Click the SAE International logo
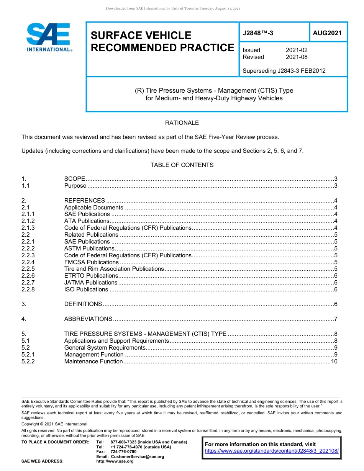click(48, 37)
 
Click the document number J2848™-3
click(258, 33)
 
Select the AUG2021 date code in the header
click(327, 33)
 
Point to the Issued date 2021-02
click(297, 50)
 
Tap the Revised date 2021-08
click(297, 57)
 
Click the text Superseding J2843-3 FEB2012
click(284, 70)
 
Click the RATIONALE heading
click(182, 123)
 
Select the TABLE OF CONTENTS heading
click(182, 165)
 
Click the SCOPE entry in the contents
click(75, 179)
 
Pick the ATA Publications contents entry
click(87, 221)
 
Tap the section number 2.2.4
click(28, 262)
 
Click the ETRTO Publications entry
click(91, 276)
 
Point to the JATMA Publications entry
click(91, 283)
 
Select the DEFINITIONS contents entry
click(83, 304)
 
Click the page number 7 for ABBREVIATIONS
click(336, 319)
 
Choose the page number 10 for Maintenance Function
click(334, 361)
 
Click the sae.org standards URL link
click(272, 451)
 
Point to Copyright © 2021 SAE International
click(54, 424)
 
